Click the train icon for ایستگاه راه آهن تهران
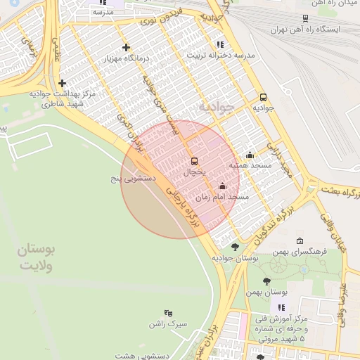[304, 18]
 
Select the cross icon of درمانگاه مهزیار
[126, 48]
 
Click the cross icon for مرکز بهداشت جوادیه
[62, 83]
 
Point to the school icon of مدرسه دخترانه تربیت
[221, 44]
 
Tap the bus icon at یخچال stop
[195, 161]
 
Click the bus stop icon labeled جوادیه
[263, 98]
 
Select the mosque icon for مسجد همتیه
[250, 155]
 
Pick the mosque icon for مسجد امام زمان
[223, 186]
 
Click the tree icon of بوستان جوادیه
[234, 247]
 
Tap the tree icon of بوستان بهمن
[266, 281]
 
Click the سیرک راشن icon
[168, 313]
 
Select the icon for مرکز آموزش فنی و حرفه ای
[282, 307]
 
